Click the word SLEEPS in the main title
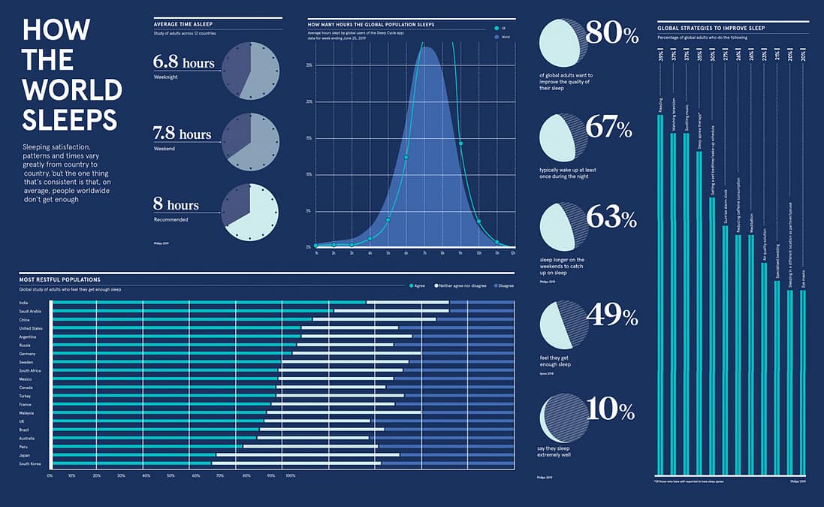(x=69, y=119)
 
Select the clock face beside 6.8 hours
(x=250, y=69)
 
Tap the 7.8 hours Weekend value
(x=183, y=134)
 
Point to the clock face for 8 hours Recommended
(x=250, y=212)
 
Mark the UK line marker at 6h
(x=406, y=157)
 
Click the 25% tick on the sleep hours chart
(x=309, y=66)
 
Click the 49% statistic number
(x=611, y=316)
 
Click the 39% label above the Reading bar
(x=660, y=56)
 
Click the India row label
(x=24, y=303)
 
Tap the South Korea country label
(x=29, y=464)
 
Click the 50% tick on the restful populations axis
(x=170, y=475)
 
